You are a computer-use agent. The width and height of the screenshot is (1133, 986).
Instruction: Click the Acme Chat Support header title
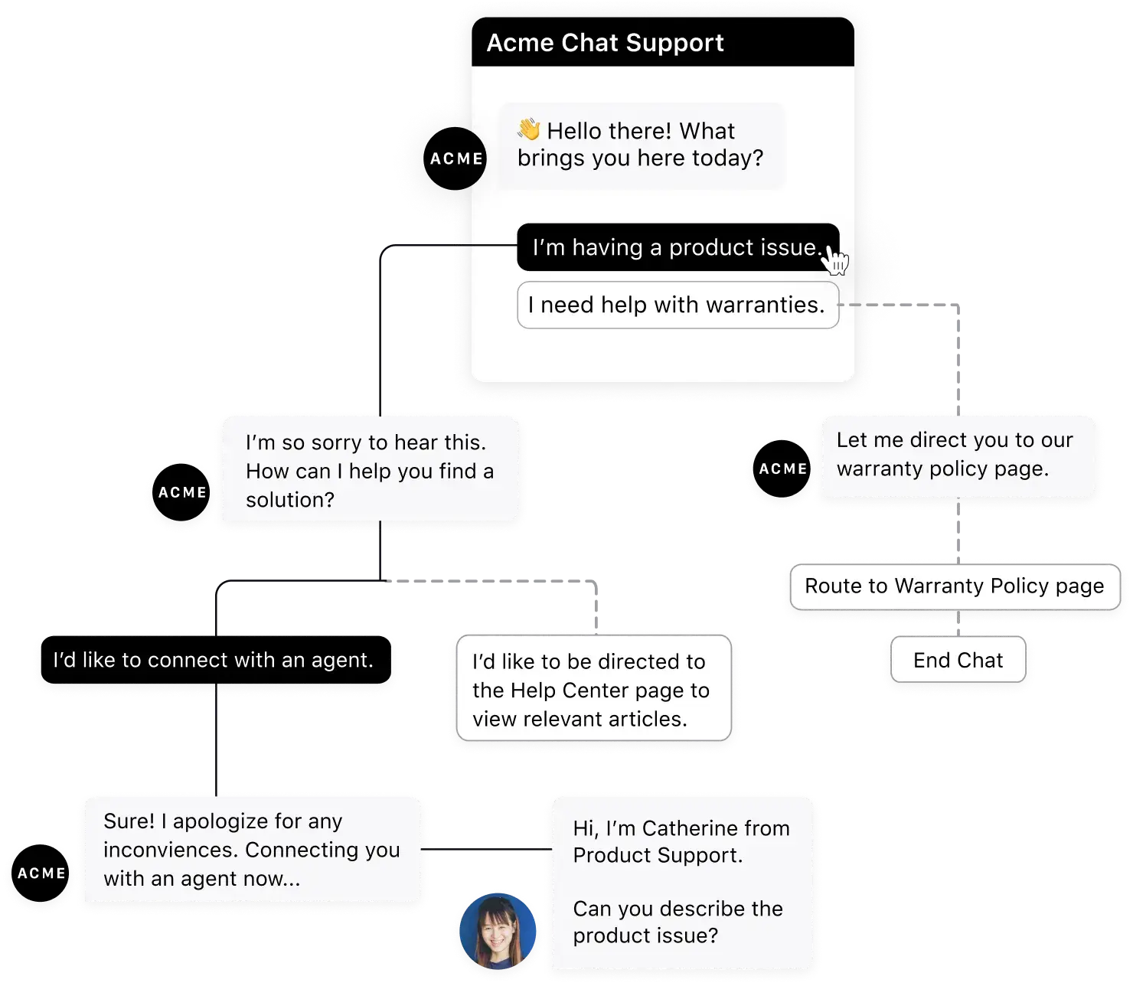(x=605, y=43)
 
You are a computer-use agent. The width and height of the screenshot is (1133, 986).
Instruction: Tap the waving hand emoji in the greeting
(x=528, y=129)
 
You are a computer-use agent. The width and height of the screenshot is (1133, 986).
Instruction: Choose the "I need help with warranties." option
(x=677, y=305)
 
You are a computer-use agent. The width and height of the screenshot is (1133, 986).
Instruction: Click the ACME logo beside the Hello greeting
(x=455, y=158)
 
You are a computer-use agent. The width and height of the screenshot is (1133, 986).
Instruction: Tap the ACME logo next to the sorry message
(x=181, y=493)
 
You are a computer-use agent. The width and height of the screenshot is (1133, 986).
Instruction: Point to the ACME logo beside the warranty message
(x=782, y=469)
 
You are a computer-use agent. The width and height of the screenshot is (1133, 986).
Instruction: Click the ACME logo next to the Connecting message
(x=41, y=873)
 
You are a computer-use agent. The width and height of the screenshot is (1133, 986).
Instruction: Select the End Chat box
(x=958, y=660)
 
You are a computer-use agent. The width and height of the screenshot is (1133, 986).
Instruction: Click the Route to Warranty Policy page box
(x=954, y=586)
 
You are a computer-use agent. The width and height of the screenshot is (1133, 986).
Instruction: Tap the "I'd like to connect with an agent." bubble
(x=214, y=661)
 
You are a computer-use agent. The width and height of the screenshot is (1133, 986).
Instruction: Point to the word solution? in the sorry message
(x=290, y=500)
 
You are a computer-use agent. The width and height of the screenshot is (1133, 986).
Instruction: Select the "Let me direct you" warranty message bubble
(x=957, y=455)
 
